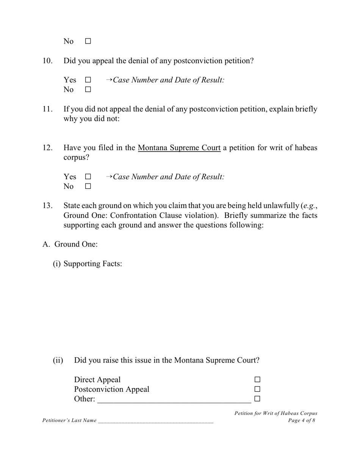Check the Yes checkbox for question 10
tap(88, 80)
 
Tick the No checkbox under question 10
tap(88, 90)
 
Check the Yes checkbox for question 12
tap(88, 177)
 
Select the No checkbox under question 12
tap(88, 186)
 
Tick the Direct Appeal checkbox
tap(257, 380)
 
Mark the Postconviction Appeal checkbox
tap(257, 389)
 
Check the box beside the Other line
tap(257, 399)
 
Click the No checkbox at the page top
tap(88, 41)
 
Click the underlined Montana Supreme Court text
tap(179, 148)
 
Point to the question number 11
tap(47, 109)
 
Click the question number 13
tap(47, 206)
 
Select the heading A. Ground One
tap(70, 244)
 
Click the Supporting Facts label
tap(92, 264)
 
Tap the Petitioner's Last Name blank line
tap(155, 420)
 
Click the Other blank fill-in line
tap(174, 400)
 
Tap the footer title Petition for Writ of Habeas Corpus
tap(275, 413)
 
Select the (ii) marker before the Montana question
tap(58, 360)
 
